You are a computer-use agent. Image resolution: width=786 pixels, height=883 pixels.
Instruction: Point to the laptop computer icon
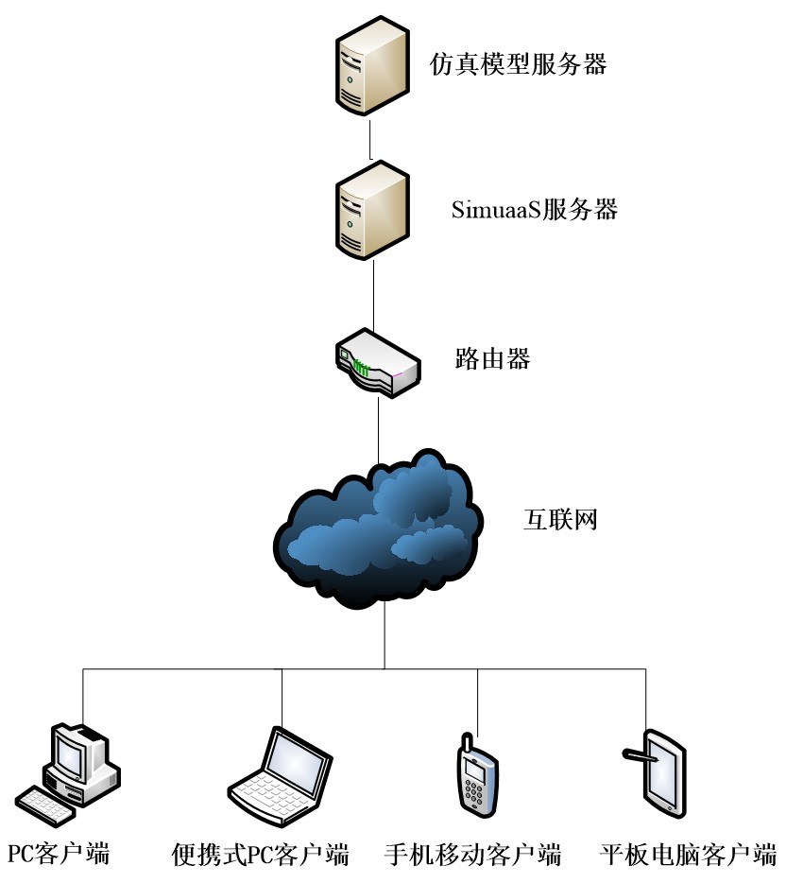282,770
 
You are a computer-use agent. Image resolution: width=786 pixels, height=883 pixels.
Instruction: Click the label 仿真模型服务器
518,63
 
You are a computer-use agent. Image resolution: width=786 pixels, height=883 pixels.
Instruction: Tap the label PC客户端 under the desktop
59,855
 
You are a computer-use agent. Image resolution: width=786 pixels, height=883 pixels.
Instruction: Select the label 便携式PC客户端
261,855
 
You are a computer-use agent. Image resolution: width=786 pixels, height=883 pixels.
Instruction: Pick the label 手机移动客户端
473,855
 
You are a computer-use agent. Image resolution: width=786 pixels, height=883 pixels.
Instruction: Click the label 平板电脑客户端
688,855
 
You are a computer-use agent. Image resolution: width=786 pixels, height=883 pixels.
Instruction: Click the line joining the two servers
371,139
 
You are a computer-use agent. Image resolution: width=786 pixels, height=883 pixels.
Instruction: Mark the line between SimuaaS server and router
375,293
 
